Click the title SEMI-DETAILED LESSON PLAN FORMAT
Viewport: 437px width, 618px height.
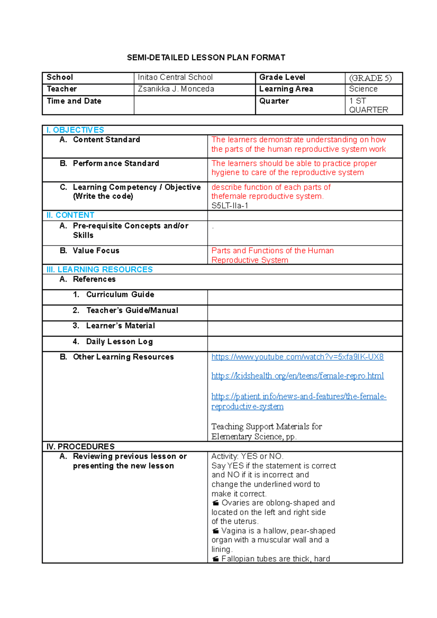click(x=206, y=58)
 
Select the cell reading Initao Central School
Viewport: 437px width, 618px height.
click(x=175, y=77)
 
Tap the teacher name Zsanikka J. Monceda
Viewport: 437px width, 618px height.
click(x=176, y=89)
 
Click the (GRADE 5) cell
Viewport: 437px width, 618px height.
click(x=370, y=78)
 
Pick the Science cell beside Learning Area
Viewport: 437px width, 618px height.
click(x=363, y=89)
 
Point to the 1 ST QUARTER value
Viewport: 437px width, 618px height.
click(x=368, y=105)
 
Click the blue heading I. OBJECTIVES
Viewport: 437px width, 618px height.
click(x=75, y=130)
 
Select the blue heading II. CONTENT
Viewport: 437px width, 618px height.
click(x=70, y=215)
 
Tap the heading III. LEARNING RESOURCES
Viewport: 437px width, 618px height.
click(x=99, y=269)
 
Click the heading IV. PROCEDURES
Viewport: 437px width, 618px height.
click(x=80, y=447)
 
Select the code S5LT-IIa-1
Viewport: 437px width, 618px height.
click(x=230, y=206)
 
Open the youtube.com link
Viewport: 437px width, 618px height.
click(x=297, y=357)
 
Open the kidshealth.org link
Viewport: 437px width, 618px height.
click(x=297, y=376)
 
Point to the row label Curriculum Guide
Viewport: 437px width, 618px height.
click(x=120, y=294)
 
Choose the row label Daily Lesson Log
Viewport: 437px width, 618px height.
click(x=119, y=341)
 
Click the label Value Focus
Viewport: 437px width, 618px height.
click(x=96, y=250)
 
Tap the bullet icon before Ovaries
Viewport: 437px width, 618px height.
click(x=216, y=503)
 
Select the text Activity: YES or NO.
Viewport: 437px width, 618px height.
click(x=247, y=456)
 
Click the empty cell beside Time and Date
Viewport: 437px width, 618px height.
click(x=194, y=105)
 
